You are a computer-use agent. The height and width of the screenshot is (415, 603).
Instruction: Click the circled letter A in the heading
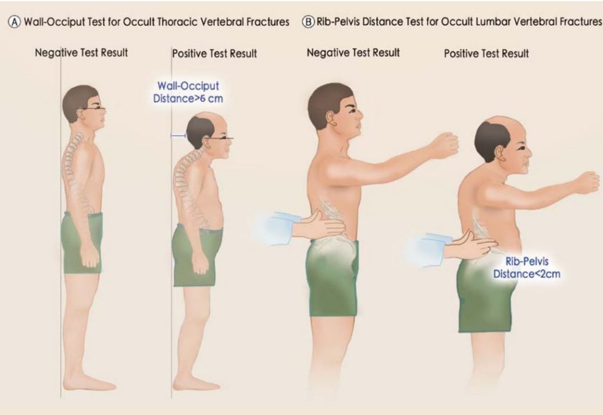point(14,22)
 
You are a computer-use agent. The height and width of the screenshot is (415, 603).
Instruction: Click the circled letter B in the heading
point(308,22)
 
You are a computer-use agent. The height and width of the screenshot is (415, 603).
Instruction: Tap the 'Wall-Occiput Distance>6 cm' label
point(188,93)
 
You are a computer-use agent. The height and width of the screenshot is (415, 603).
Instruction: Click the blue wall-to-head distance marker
point(178,136)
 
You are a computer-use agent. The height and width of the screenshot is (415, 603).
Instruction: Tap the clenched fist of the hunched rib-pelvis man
point(587,182)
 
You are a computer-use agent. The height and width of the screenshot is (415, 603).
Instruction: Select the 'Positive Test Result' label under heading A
point(214,54)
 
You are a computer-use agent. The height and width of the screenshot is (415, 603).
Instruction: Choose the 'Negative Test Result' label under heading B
point(353,53)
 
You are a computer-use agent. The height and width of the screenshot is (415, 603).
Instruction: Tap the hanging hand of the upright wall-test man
point(90,256)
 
